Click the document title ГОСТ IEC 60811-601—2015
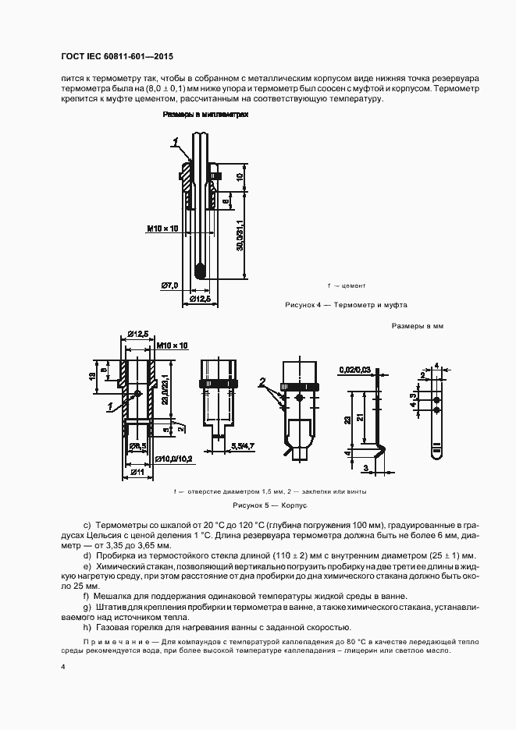coord(116,57)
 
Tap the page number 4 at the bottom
coord(62,668)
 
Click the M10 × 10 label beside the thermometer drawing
coord(162,229)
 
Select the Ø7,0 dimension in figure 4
coord(171,285)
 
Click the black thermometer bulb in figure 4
coord(201,271)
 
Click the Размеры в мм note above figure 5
coord(417,326)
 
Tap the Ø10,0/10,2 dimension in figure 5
coord(172,459)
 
